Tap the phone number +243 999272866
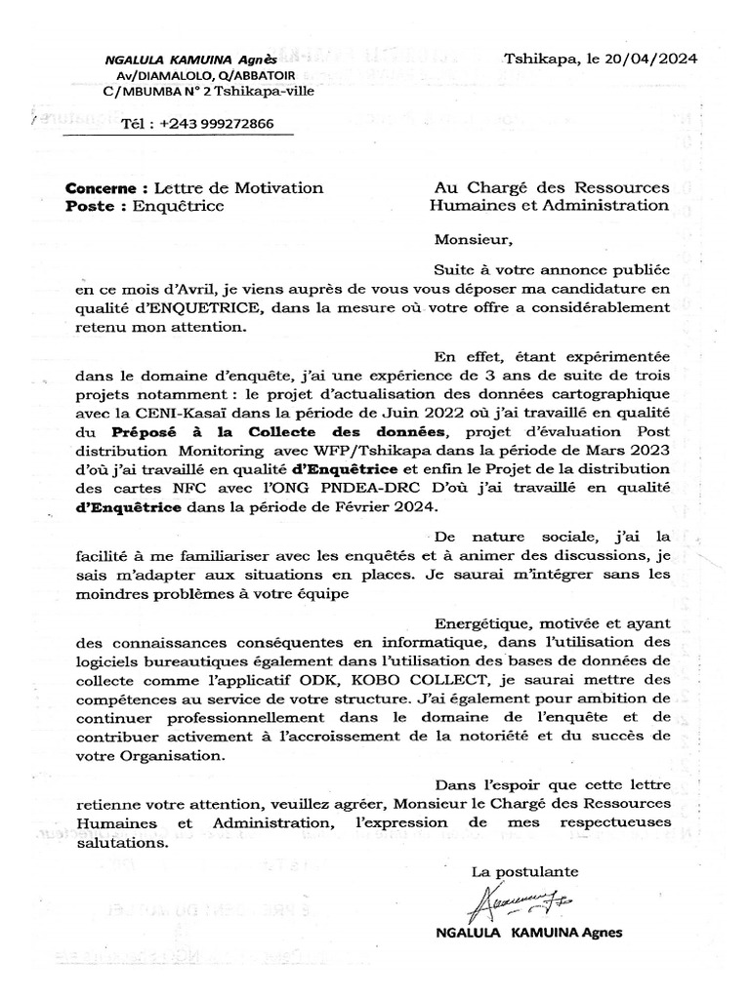(214, 124)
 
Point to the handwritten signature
(515, 904)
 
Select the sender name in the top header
(190, 60)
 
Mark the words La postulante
(524, 869)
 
